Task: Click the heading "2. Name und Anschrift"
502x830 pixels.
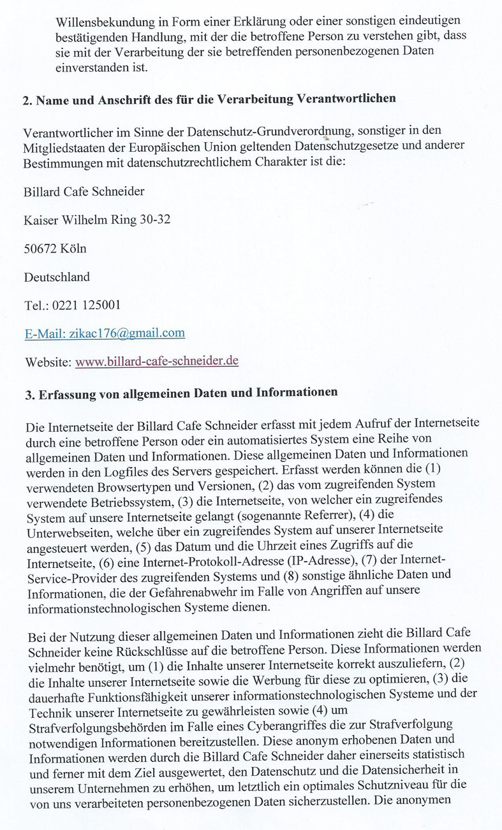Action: point(209,99)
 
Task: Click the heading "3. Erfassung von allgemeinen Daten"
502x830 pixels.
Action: point(181,393)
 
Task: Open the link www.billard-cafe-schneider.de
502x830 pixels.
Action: point(157,361)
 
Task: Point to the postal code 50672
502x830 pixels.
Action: point(39,249)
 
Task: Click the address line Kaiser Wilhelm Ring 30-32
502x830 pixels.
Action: point(97,220)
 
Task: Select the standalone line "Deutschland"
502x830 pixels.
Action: point(57,277)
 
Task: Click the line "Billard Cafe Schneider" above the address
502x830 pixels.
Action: point(84,191)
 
